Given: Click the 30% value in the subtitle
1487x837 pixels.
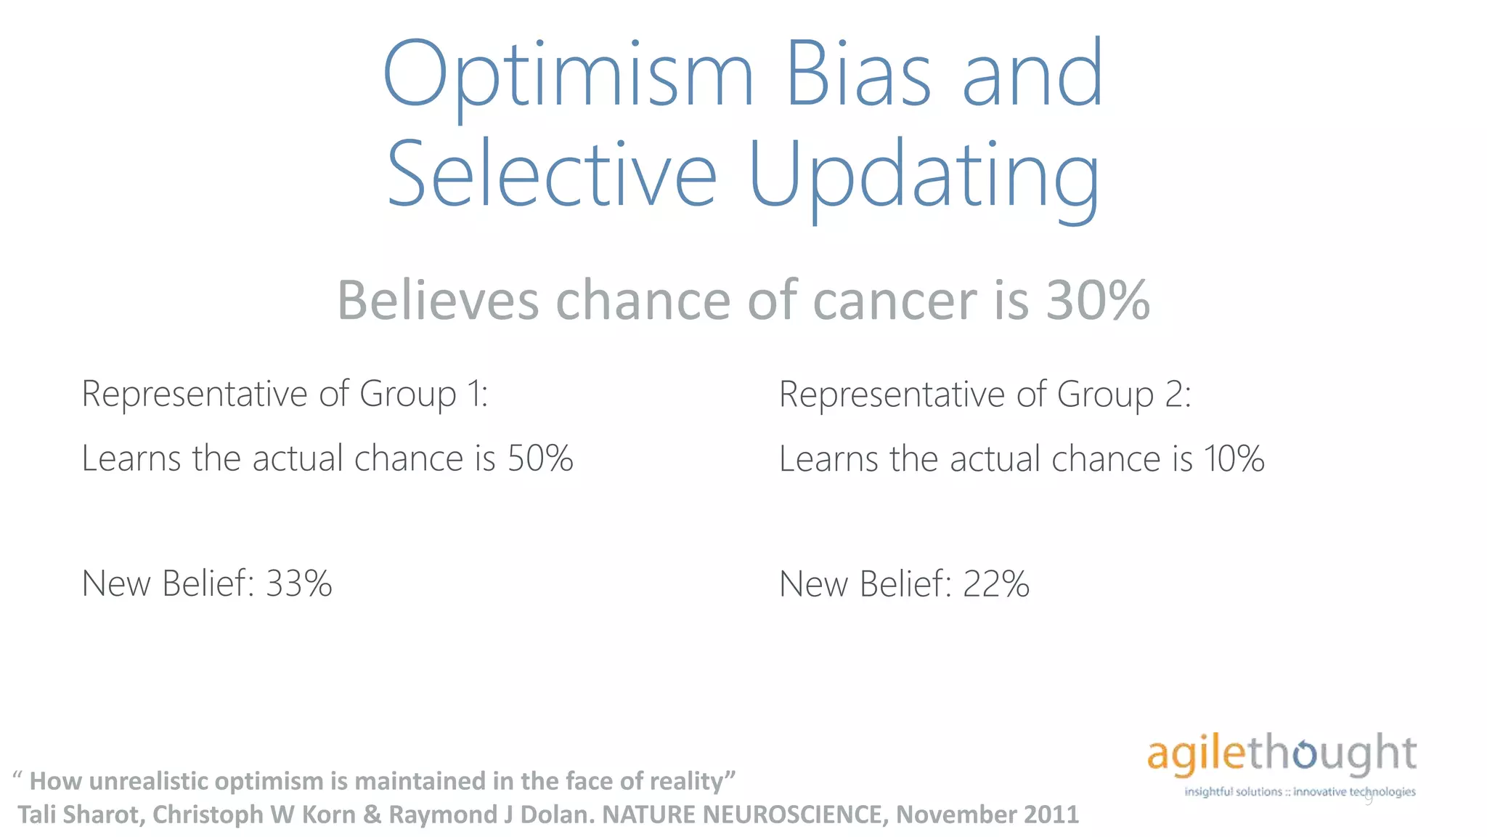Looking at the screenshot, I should click(1098, 300).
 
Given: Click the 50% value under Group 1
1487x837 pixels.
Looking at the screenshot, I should click(540, 458).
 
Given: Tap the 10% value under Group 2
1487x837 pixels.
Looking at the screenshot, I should click(1234, 459).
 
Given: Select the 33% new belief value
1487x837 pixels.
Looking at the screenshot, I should click(299, 583).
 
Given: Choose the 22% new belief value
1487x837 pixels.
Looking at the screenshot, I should click(995, 584).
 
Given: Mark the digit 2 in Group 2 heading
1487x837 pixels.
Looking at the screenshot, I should click(1175, 395).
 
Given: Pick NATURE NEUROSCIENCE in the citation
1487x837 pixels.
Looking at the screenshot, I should click(744, 814).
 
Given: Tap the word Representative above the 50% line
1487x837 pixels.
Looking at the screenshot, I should click(195, 394).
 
